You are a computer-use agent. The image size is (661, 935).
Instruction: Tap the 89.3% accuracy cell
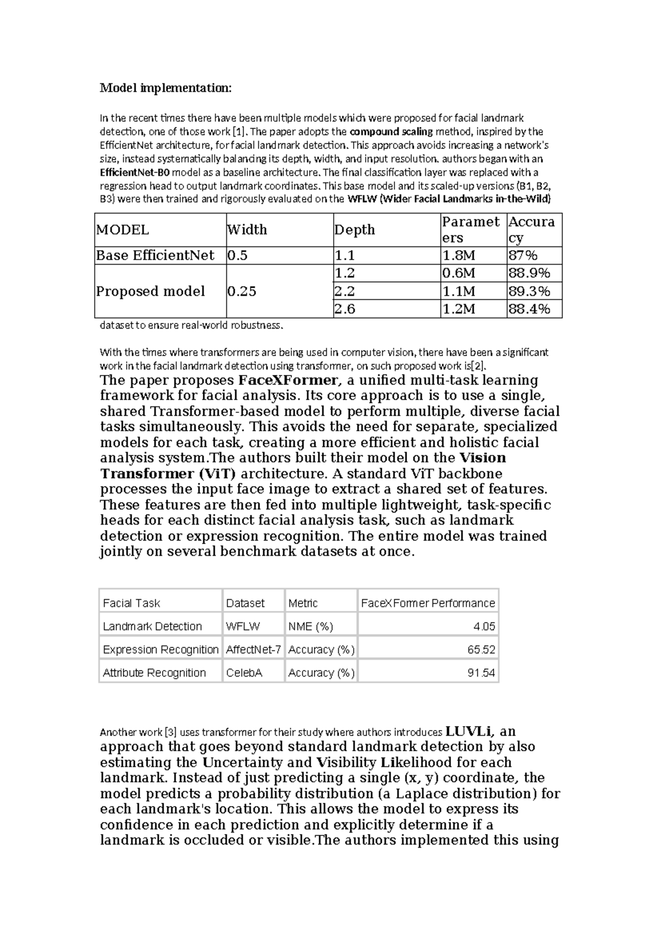tap(529, 291)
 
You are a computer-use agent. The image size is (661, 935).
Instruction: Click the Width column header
tap(247, 229)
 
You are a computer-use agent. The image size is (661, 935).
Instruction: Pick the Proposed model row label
tap(150, 291)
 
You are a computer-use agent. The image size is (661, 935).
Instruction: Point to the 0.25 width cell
tap(242, 291)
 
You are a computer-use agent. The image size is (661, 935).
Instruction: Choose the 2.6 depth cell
tap(345, 309)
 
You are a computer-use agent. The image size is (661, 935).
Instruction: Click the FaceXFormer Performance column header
tap(428, 603)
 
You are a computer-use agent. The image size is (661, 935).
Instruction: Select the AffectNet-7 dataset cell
tap(253, 649)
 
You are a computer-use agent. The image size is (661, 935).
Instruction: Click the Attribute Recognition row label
tap(154, 673)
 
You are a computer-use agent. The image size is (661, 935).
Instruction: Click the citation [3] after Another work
tap(171, 733)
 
